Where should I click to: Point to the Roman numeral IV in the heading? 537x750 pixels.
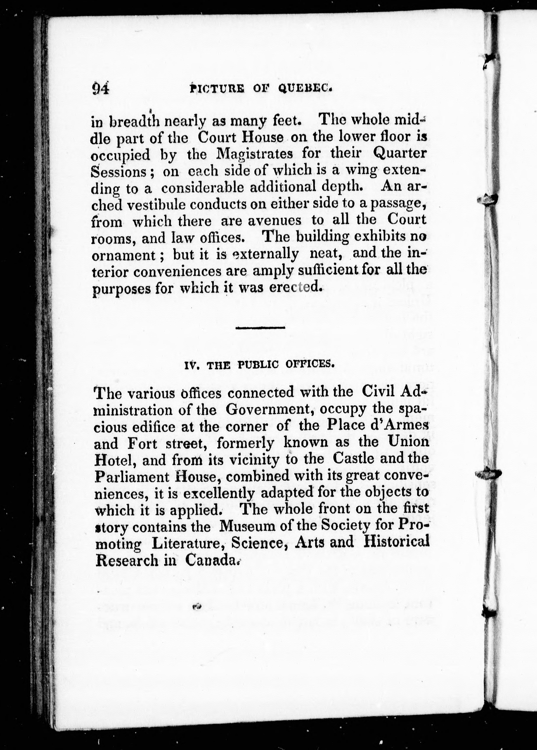[x=190, y=365]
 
